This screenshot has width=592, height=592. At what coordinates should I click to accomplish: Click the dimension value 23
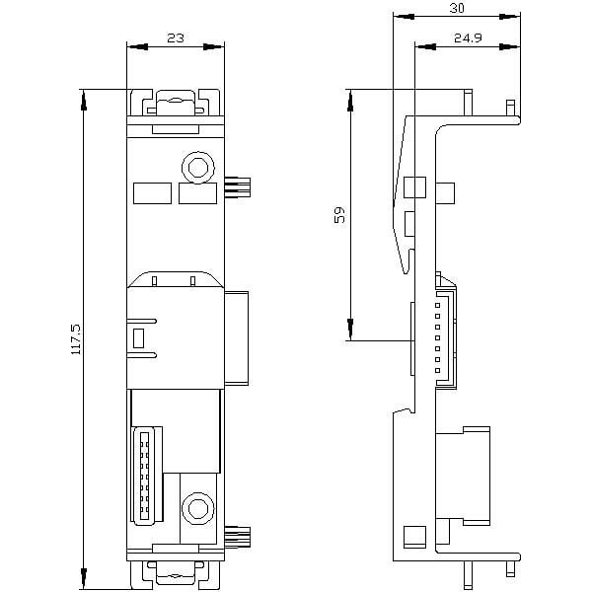[176, 38]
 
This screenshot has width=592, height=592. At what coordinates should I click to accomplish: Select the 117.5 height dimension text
[77, 338]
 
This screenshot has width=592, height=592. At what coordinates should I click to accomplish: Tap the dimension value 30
[457, 8]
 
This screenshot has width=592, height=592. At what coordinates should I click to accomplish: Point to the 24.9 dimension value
[468, 38]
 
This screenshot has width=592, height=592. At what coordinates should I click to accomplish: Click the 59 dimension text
[339, 215]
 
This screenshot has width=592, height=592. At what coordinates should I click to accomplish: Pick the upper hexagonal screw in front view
[198, 168]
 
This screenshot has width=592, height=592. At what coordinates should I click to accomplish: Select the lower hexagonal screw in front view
[198, 508]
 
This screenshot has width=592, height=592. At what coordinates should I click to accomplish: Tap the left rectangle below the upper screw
[153, 193]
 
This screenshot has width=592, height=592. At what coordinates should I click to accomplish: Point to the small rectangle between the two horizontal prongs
[138, 338]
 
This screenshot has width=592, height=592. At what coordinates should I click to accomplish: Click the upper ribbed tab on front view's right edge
[238, 185]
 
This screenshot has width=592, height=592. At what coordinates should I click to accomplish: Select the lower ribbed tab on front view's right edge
[238, 537]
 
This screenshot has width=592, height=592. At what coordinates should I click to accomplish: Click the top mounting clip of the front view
[176, 103]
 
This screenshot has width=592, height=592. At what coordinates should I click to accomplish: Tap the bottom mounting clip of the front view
[176, 574]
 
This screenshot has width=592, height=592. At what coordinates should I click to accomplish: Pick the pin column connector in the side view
[446, 338]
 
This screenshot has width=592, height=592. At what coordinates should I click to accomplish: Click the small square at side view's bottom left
[414, 537]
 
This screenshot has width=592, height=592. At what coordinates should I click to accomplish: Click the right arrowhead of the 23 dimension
[214, 46]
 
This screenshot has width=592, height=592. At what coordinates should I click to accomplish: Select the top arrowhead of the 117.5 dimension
[84, 100]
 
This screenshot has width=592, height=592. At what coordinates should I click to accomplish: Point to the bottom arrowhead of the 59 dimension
[350, 330]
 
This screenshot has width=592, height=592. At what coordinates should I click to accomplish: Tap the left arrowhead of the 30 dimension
[404, 17]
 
